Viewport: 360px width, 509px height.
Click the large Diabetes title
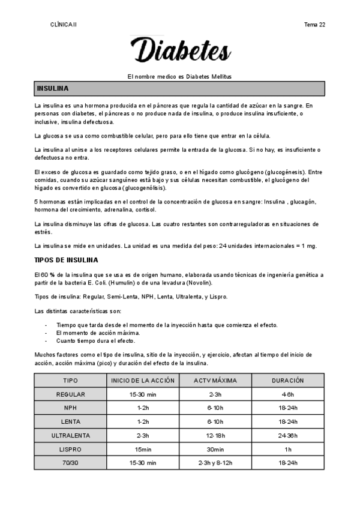tap(180, 50)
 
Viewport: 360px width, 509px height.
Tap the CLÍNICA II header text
tap(64, 25)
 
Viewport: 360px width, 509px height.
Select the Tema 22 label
tap(315, 25)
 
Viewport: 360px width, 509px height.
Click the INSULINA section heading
tap(53, 89)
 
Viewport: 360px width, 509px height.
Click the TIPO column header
tap(70, 381)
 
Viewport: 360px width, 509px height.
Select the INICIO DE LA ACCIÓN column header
tap(143, 381)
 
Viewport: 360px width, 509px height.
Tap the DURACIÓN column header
tap(288, 381)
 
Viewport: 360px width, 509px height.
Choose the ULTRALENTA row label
tap(70, 435)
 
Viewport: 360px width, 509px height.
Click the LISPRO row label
tap(70, 449)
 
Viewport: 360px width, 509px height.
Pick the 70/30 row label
tap(70, 463)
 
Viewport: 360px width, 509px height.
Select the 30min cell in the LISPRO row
tap(216, 449)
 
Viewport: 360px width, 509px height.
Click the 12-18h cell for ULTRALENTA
tap(216, 435)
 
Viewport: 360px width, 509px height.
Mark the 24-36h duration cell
tap(288, 435)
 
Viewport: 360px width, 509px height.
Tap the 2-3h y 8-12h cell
tap(216, 463)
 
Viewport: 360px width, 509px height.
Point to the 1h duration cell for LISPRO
tap(288, 449)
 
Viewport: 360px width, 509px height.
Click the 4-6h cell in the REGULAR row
tap(288, 394)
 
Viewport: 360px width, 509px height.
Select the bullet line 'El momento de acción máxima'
tap(98, 332)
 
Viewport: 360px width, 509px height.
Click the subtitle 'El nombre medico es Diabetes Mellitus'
tap(180, 77)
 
